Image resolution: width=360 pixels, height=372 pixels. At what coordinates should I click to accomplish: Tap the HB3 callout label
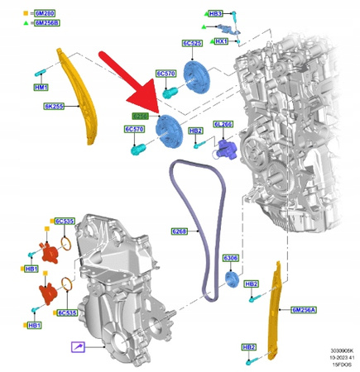pos(216,14)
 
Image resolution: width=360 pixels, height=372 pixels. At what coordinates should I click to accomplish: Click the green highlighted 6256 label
pos(141,117)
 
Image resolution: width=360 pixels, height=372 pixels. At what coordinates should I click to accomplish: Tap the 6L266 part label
pos(223,124)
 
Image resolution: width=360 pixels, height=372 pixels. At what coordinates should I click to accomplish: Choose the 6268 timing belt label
pos(180,231)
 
